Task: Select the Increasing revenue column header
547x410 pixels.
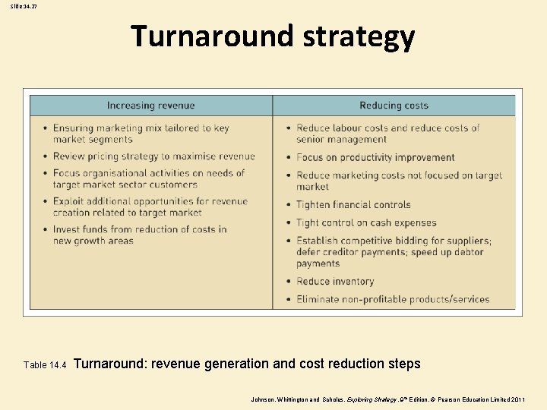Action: pyautogui.click(x=150, y=106)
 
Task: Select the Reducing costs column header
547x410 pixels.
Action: pyautogui.click(x=394, y=106)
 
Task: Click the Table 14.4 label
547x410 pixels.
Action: pyautogui.click(x=46, y=365)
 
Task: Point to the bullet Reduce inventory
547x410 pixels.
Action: pyautogui.click(x=335, y=281)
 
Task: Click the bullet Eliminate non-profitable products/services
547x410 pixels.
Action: pyautogui.click(x=392, y=299)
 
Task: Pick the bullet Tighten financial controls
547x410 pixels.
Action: pyautogui.click(x=353, y=204)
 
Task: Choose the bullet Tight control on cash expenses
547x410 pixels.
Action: pyautogui.click(x=365, y=222)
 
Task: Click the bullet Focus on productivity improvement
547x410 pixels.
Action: pyautogui.click(x=375, y=157)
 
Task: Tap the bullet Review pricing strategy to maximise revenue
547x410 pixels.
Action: pyautogui.click(x=153, y=156)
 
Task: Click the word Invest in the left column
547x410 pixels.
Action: pyautogui.click(x=66, y=229)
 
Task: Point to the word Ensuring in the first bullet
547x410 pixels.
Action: pyautogui.click(x=74, y=128)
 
